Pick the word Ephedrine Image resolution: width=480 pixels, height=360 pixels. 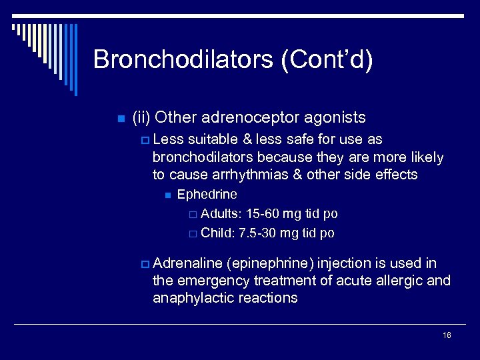pos(207,195)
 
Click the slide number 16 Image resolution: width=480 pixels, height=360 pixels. pos(447,335)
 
